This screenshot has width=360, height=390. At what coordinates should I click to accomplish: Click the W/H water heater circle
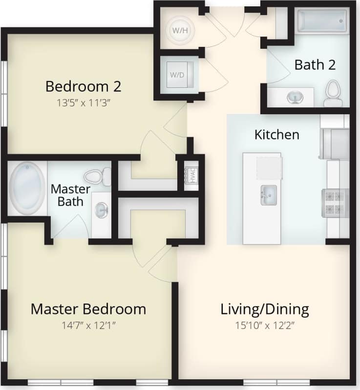177,30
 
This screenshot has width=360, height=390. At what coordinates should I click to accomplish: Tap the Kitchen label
276,135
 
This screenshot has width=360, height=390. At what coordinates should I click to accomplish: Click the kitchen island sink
268,195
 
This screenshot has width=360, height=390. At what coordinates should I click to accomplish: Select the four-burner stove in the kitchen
335,203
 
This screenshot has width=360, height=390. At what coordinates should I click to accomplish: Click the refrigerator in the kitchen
335,144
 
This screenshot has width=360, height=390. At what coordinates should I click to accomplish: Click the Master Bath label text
71,194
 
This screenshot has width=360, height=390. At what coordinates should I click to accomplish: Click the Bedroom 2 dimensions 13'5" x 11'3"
83,103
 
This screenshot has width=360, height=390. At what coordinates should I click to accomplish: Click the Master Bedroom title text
88,309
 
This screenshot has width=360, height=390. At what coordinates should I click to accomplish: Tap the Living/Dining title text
265,309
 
